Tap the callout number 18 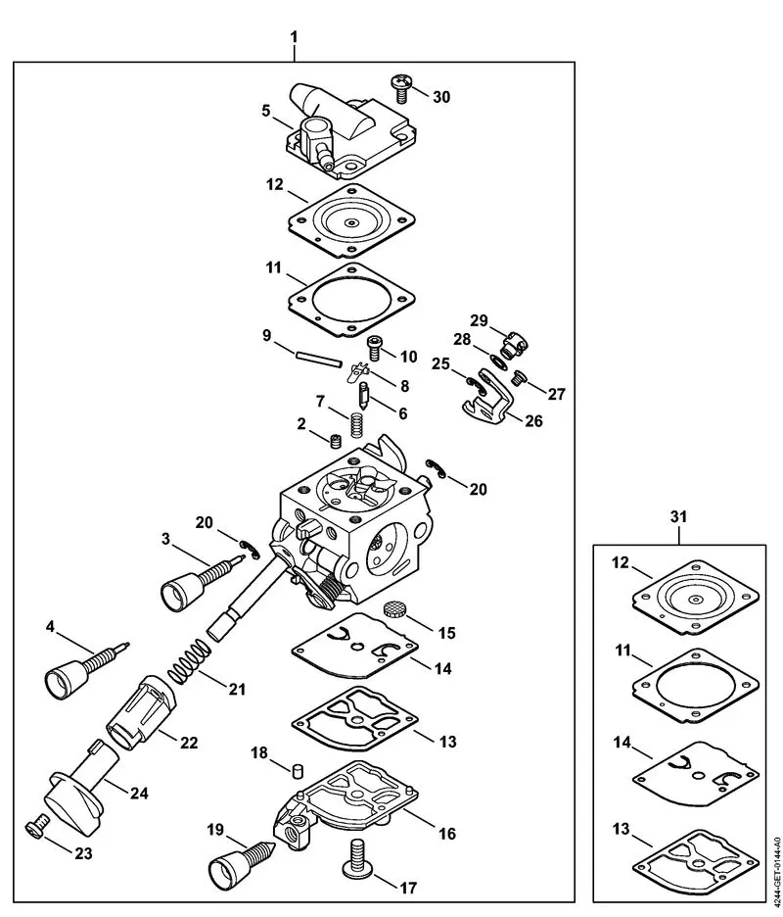click(258, 753)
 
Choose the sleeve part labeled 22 click(136, 709)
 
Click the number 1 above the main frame click(293, 36)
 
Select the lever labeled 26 click(484, 407)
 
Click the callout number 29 click(478, 321)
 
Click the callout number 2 click(302, 423)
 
